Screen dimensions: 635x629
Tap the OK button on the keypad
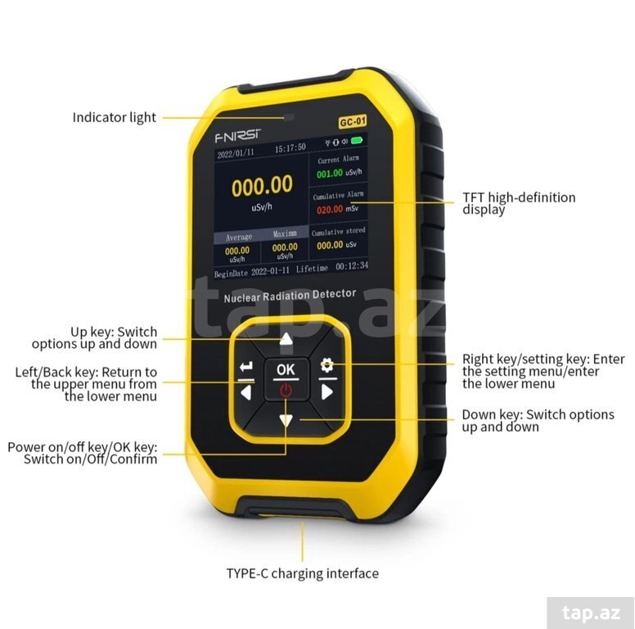tap(286, 369)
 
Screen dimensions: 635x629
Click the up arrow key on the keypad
tap(286, 339)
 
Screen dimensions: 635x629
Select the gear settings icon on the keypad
tap(327, 364)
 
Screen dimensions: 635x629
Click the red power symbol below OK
tap(286, 391)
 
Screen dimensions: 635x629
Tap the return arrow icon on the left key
tap(246, 366)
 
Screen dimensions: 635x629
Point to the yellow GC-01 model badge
tap(353, 121)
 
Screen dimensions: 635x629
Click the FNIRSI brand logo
tap(238, 136)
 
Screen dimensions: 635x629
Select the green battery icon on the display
tap(357, 141)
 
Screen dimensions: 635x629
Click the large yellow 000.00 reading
tap(262, 185)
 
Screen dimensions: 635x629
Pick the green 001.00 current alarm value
tap(330, 174)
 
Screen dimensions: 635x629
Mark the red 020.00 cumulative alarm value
tap(330, 210)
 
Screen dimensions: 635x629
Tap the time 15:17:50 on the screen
tap(290, 148)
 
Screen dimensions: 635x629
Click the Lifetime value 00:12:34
tap(352, 266)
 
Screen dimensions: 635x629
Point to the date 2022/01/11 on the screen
tap(236, 153)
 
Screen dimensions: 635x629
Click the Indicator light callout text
tap(115, 118)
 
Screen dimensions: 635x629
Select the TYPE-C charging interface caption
tap(303, 573)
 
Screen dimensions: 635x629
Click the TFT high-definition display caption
tap(519, 203)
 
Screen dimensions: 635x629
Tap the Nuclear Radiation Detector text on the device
tap(290, 296)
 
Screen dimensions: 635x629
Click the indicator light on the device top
tap(289, 118)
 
